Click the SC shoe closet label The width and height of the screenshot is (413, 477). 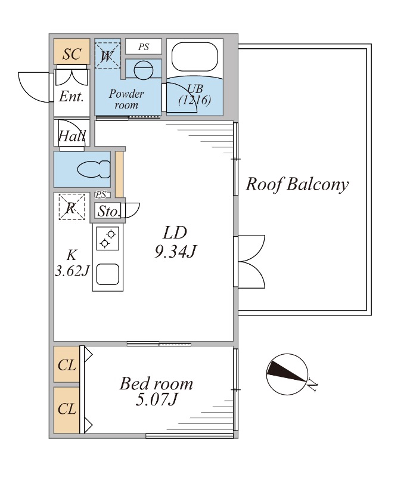[72, 54]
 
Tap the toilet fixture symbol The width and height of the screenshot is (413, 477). [94, 169]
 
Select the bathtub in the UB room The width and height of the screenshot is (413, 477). [195, 57]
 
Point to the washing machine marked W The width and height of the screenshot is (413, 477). [107, 55]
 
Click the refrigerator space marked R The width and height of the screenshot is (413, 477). [72, 207]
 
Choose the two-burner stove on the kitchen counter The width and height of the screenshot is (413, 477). [108, 238]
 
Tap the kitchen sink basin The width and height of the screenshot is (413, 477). [108, 274]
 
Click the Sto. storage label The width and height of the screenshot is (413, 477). [108, 211]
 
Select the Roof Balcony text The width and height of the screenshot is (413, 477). [297, 184]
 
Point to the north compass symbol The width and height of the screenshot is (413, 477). [287, 374]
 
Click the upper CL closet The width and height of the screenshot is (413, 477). [67, 364]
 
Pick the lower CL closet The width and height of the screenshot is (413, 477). [67, 410]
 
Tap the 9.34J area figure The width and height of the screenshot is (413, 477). [175, 252]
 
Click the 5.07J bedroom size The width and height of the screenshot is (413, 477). [156, 399]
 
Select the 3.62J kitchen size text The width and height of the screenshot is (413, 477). [72, 271]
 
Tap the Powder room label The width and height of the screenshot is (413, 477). [126, 99]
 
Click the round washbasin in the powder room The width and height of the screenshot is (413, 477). [143, 70]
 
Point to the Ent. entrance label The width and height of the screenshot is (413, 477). [71, 97]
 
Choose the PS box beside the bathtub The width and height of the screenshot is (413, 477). [144, 47]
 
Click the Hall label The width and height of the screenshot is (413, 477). [72, 136]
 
